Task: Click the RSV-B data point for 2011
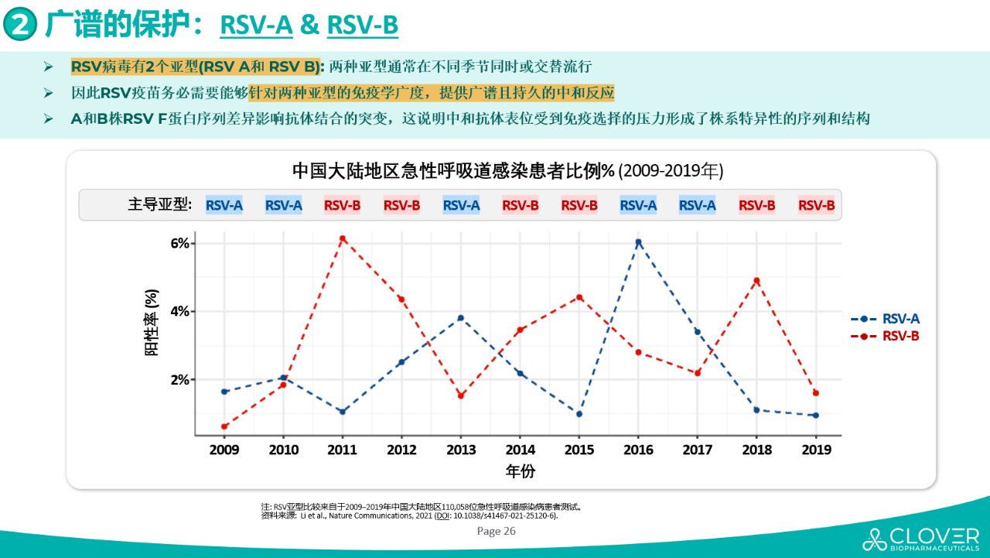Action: click(x=343, y=238)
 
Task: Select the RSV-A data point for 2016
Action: click(x=639, y=242)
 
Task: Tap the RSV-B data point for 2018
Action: click(x=756, y=280)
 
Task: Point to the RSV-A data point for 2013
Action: click(x=461, y=318)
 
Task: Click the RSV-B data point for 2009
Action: click(x=224, y=426)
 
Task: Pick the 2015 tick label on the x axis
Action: click(x=579, y=450)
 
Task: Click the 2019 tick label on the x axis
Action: click(x=816, y=450)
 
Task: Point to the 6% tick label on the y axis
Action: click(x=179, y=243)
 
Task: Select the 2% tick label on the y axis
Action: click(x=179, y=380)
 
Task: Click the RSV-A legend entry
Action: click(x=886, y=319)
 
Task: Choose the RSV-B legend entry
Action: click(x=886, y=337)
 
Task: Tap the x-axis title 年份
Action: click(x=520, y=471)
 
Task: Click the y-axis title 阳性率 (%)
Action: click(x=152, y=323)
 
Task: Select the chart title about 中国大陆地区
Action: click(x=507, y=170)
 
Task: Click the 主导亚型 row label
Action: click(x=160, y=205)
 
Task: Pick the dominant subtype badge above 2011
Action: click(x=343, y=205)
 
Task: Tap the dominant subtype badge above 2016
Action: click(x=639, y=205)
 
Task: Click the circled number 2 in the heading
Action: click(x=21, y=25)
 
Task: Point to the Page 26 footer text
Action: click(x=496, y=531)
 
